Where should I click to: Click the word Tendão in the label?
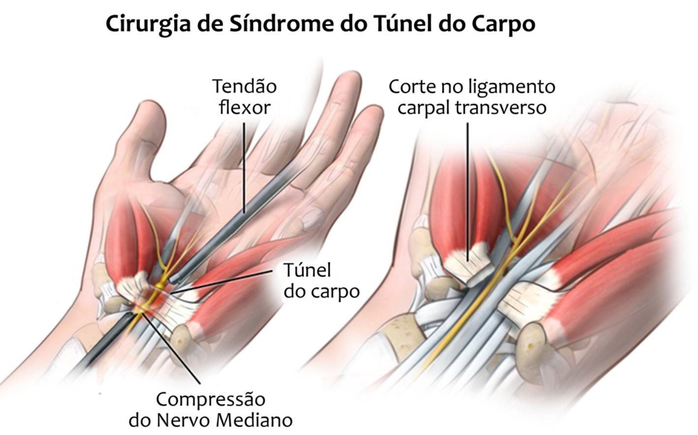(x=245, y=87)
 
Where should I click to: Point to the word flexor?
(x=245, y=107)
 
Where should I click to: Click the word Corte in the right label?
(x=412, y=87)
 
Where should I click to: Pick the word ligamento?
(x=512, y=88)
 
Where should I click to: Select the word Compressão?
(x=211, y=399)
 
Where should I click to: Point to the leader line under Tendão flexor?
(x=245, y=167)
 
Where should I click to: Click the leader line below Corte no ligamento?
(x=468, y=187)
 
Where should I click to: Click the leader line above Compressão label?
(x=177, y=354)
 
